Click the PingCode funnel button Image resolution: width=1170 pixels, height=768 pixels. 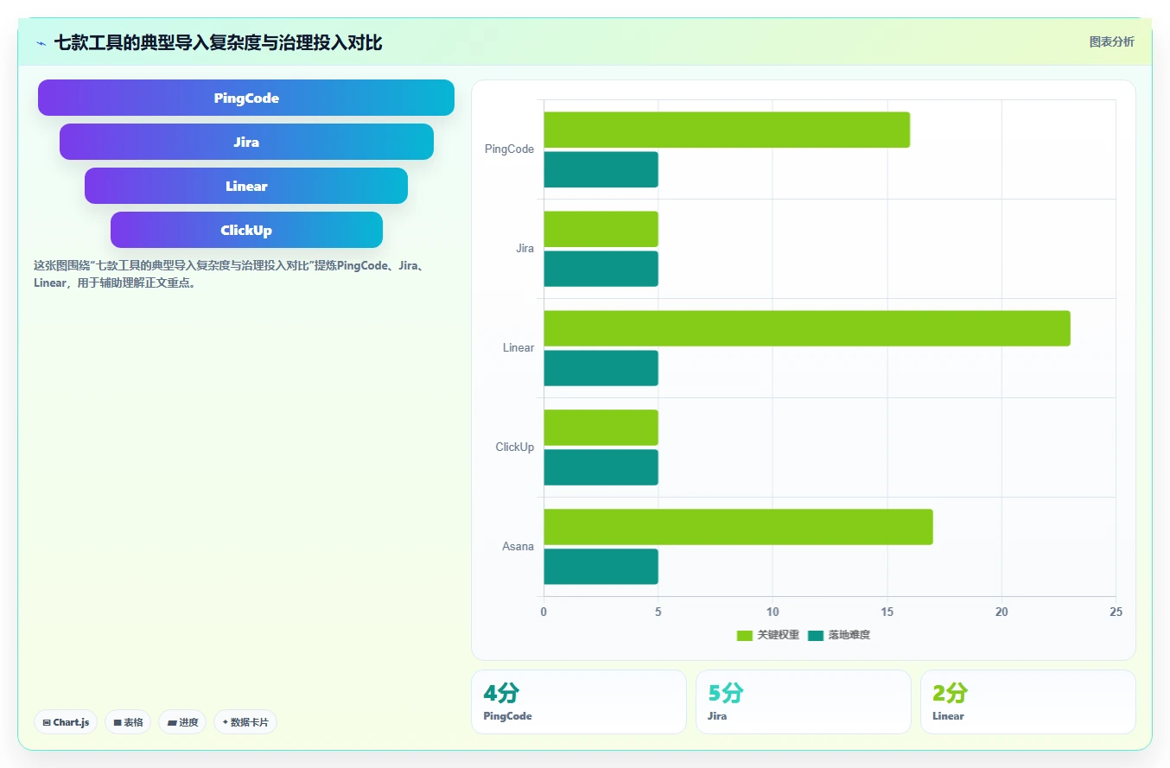coord(246,98)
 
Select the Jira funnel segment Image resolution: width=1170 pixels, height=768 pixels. coord(246,142)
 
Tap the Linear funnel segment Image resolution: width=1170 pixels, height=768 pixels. coord(246,186)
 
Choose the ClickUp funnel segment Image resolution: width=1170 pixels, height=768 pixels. coord(246,230)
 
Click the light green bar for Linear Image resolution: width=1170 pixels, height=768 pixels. coord(807,328)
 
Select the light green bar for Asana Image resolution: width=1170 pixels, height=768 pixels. coord(738,527)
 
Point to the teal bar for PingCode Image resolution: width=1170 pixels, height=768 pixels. coord(601,169)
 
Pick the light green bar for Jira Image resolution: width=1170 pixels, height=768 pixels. coord(601,229)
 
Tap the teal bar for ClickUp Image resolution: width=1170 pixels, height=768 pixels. coord(601,467)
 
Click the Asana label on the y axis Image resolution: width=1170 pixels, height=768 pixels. coord(518,547)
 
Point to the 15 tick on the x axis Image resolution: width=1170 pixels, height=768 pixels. coord(887,612)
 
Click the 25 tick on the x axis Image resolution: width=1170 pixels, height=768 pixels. coord(1116,612)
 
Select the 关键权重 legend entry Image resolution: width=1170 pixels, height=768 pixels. coord(768,635)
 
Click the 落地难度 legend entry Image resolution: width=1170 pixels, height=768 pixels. coord(839,635)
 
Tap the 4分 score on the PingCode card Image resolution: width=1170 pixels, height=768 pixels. coord(501,694)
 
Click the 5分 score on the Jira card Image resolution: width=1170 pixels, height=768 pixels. coord(726,694)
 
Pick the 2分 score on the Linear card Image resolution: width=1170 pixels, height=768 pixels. coord(951,694)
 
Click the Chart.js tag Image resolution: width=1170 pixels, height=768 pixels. coord(66,722)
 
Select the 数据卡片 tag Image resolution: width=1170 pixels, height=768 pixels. coord(245,722)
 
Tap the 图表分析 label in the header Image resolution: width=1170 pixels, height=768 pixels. coord(1111,41)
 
